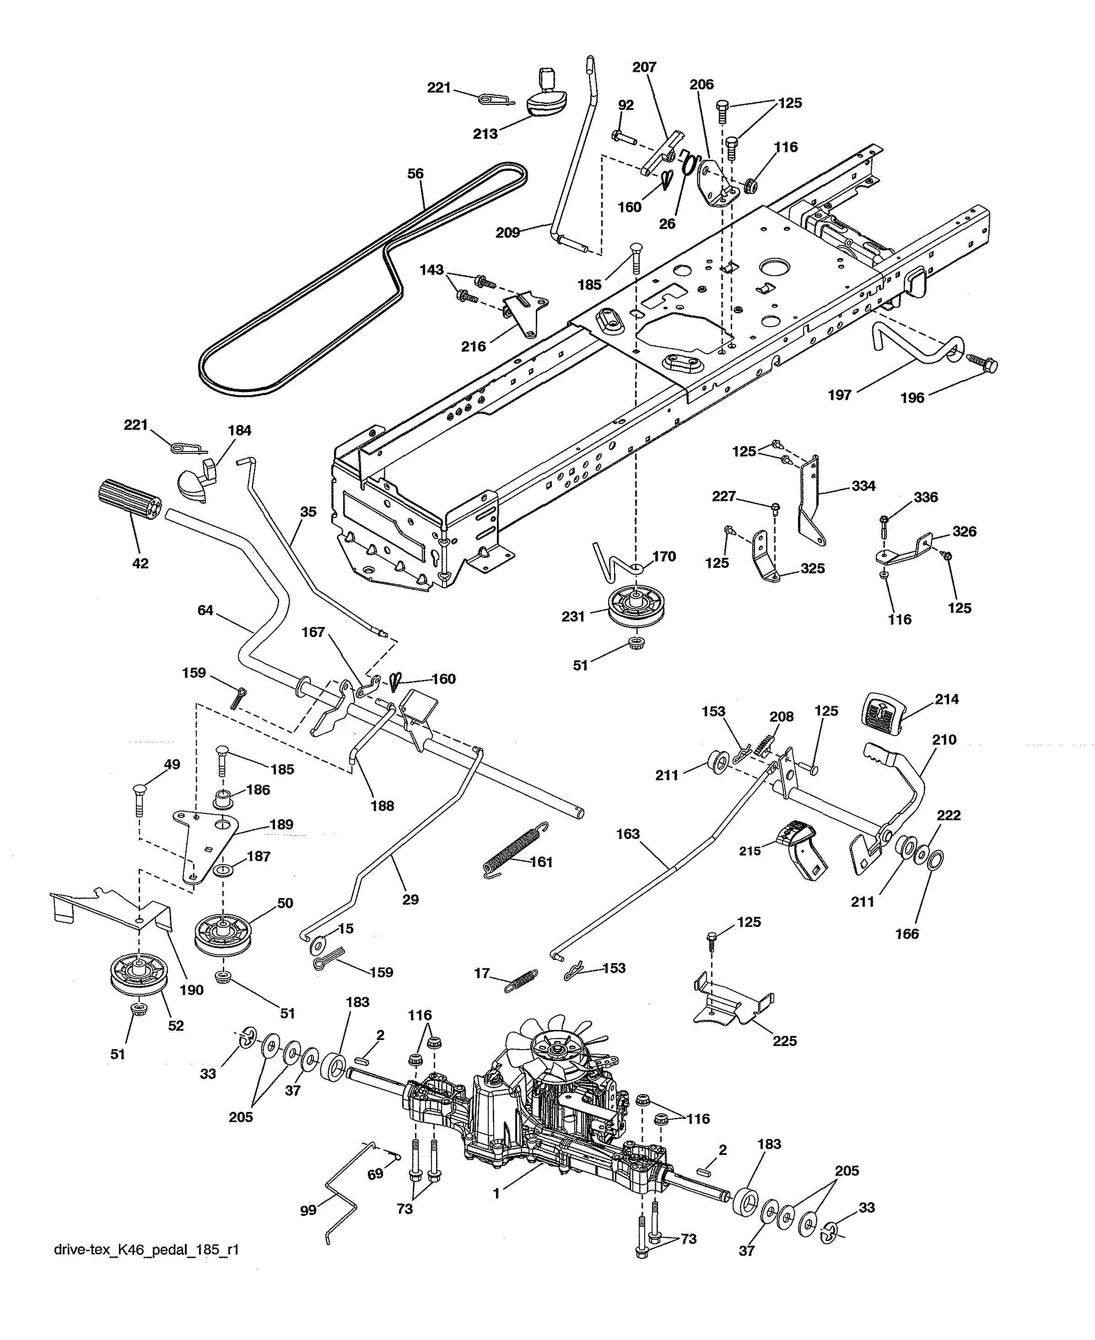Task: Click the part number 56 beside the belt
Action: tap(415, 174)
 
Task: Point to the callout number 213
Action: tap(485, 134)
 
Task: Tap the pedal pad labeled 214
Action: tap(882, 713)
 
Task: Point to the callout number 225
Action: tap(785, 1041)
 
